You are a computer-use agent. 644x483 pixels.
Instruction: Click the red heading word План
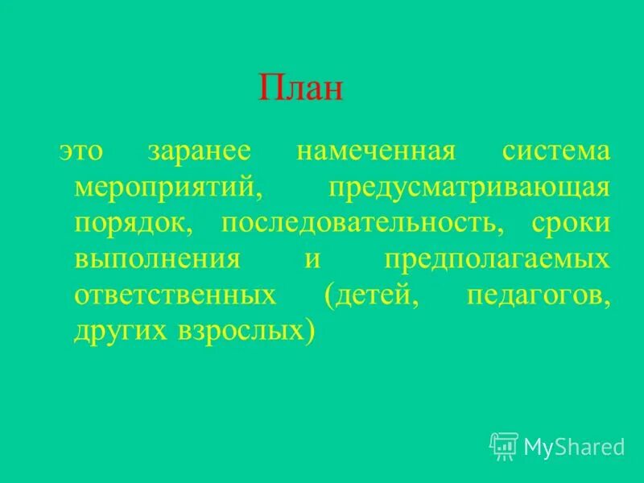pyautogui.click(x=301, y=87)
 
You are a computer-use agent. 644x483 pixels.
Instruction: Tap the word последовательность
pyautogui.click(x=362, y=224)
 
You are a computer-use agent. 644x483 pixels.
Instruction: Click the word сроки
pyautogui.click(x=570, y=224)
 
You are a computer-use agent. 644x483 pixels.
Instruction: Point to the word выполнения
pyautogui.click(x=157, y=259)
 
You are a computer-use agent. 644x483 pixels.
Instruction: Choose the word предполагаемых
pyautogui.click(x=496, y=259)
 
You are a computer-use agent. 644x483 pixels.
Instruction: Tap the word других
pyautogui.click(x=118, y=330)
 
